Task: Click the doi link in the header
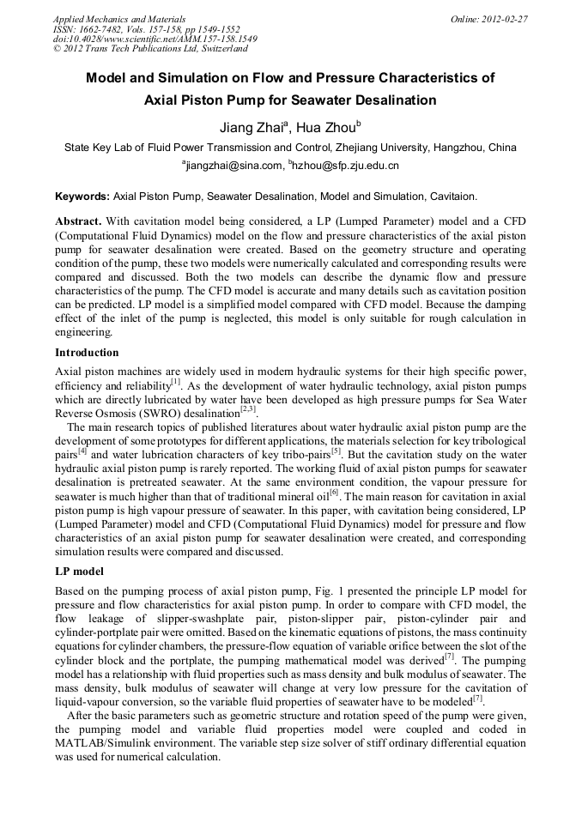pyautogui.click(x=155, y=39)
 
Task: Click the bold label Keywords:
pyautogui.click(x=82, y=197)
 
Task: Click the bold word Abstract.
pyautogui.click(x=78, y=221)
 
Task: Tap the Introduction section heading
pyautogui.click(x=87, y=353)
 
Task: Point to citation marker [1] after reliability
pyautogui.click(x=175, y=383)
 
